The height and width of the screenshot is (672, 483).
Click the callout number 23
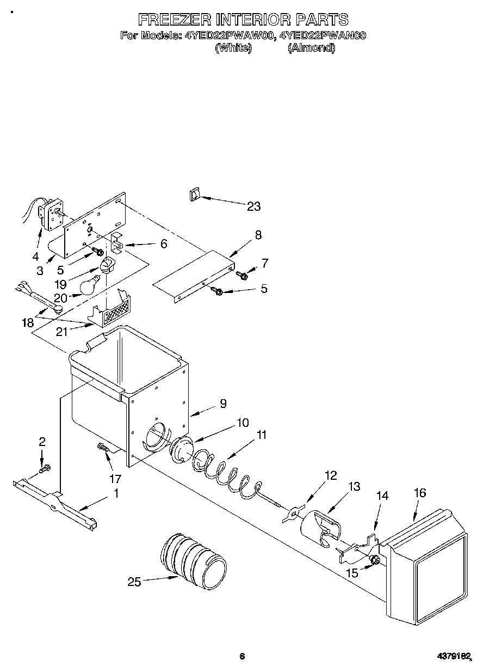click(x=253, y=206)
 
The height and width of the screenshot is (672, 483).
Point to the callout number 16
click(x=420, y=493)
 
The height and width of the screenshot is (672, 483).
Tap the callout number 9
click(x=223, y=404)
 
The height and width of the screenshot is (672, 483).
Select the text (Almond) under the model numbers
click(x=311, y=48)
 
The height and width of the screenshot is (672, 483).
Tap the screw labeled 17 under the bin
click(x=103, y=447)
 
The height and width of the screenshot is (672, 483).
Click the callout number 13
click(x=354, y=486)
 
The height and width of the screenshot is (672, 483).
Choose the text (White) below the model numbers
click(x=233, y=48)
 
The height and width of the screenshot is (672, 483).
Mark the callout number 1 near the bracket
click(x=116, y=494)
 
